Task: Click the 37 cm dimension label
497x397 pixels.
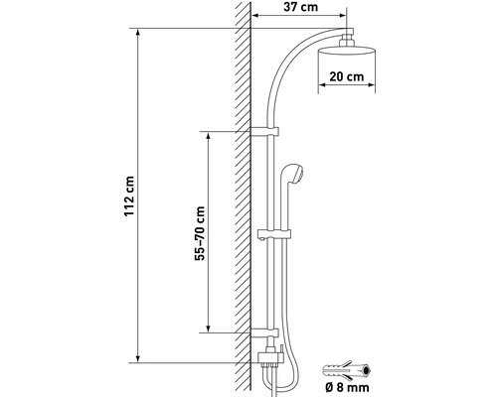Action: (x=299, y=9)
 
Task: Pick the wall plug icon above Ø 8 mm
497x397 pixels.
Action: (x=347, y=371)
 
